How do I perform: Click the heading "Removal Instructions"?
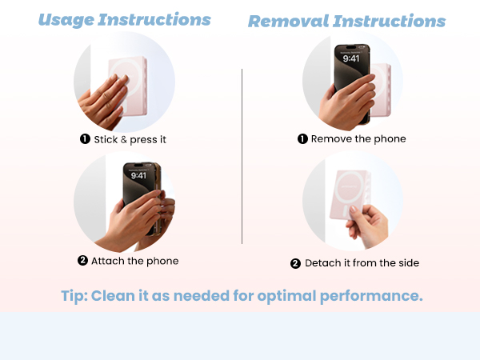pos(346,21)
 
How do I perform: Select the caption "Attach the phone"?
pos(134,261)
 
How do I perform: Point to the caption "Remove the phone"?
pos(358,139)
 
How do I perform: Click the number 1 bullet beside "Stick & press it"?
pos(84,139)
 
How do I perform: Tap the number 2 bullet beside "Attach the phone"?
pos(82,261)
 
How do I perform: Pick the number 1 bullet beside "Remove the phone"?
pos(302,139)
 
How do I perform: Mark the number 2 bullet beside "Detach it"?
pos(295,263)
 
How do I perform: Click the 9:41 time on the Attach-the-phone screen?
pos(138,175)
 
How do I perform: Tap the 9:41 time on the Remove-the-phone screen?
pos(351,58)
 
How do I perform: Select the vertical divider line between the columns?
pos(242,156)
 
